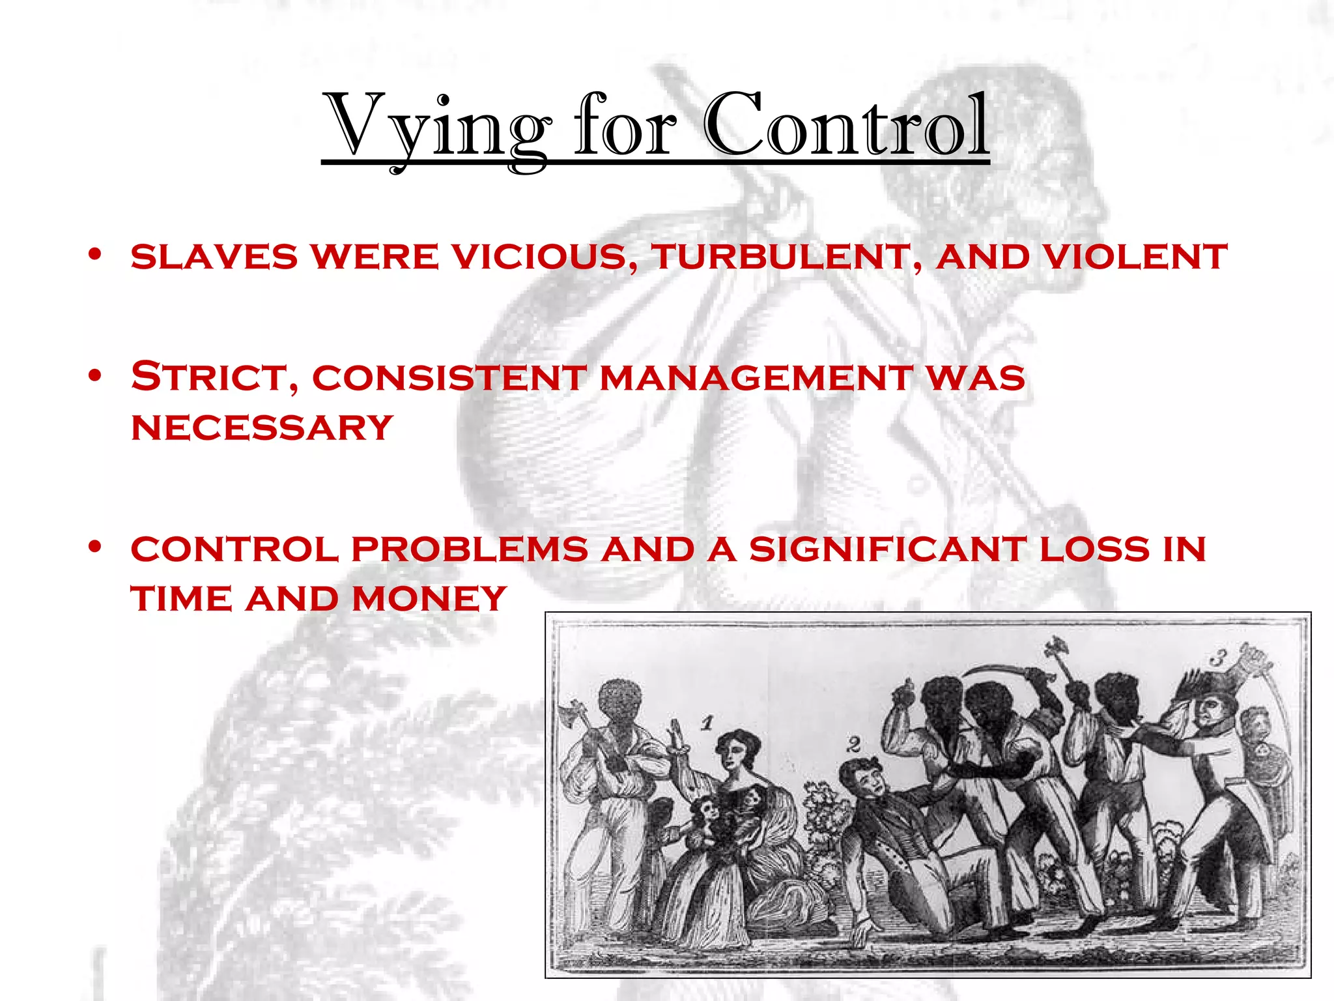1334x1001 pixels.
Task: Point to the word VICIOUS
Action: pos(545,256)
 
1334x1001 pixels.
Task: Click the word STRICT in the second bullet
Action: pos(215,377)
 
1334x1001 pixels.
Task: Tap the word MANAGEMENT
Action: pos(756,378)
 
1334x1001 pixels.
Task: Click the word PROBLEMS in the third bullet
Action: pos(470,549)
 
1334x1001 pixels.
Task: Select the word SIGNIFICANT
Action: pos(887,549)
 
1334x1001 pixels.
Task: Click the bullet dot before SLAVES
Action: pos(96,254)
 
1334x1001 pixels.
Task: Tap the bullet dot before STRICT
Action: pos(96,375)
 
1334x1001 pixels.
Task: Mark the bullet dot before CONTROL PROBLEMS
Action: pos(96,547)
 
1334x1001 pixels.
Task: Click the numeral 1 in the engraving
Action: pos(708,722)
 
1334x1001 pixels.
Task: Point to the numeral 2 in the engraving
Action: pos(854,744)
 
